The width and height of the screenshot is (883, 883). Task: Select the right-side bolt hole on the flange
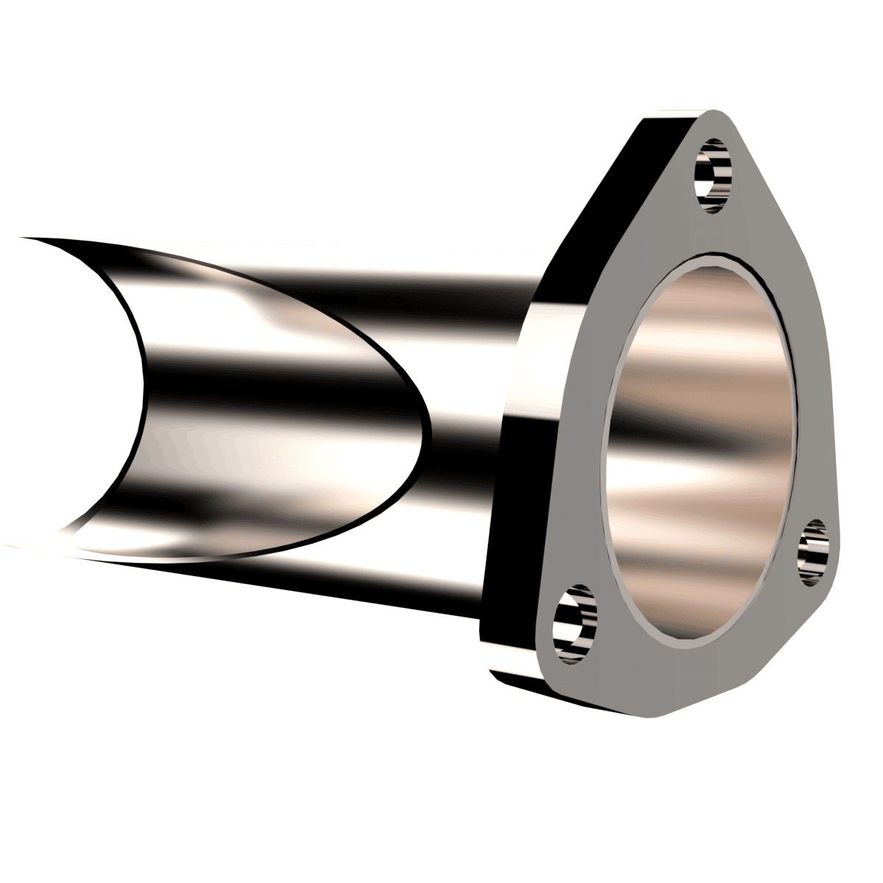pos(815,551)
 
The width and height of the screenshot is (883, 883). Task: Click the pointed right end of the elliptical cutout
pos(425,427)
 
